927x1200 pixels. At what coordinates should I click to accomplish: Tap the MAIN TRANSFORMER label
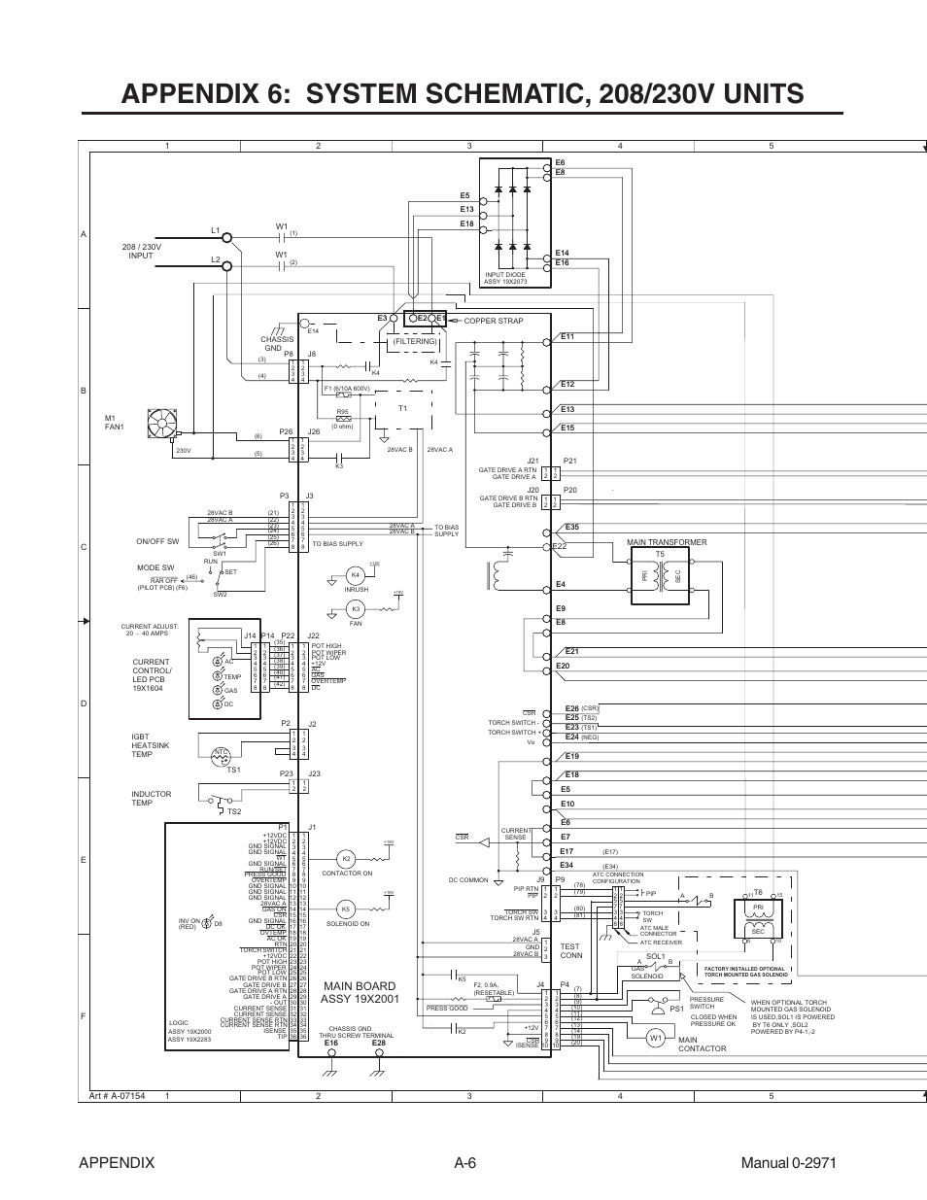click(667, 542)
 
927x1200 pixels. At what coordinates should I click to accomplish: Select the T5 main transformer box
click(661, 576)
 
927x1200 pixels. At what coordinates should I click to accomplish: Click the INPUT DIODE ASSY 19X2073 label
click(505, 278)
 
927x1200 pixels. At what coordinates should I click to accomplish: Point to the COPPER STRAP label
click(494, 321)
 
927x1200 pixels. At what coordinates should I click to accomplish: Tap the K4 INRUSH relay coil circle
click(356, 575)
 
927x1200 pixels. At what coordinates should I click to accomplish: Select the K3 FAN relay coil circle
click(356, 609)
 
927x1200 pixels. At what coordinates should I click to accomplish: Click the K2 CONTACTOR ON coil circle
click(346, 859)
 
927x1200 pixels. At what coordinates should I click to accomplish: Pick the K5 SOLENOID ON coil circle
click(346, 909)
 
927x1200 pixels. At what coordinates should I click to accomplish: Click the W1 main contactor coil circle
click(656, 1038)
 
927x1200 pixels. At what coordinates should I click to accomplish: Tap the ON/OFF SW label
click(157, 542)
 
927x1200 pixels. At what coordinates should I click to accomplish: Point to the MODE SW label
click(155, 568)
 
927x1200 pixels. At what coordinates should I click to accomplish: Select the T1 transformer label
click(401, 408)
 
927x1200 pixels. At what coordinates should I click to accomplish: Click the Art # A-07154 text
click(117, 1096)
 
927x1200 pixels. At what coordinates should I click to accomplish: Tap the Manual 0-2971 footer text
click(788, 1163)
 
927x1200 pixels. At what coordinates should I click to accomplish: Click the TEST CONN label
click(569, 950)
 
